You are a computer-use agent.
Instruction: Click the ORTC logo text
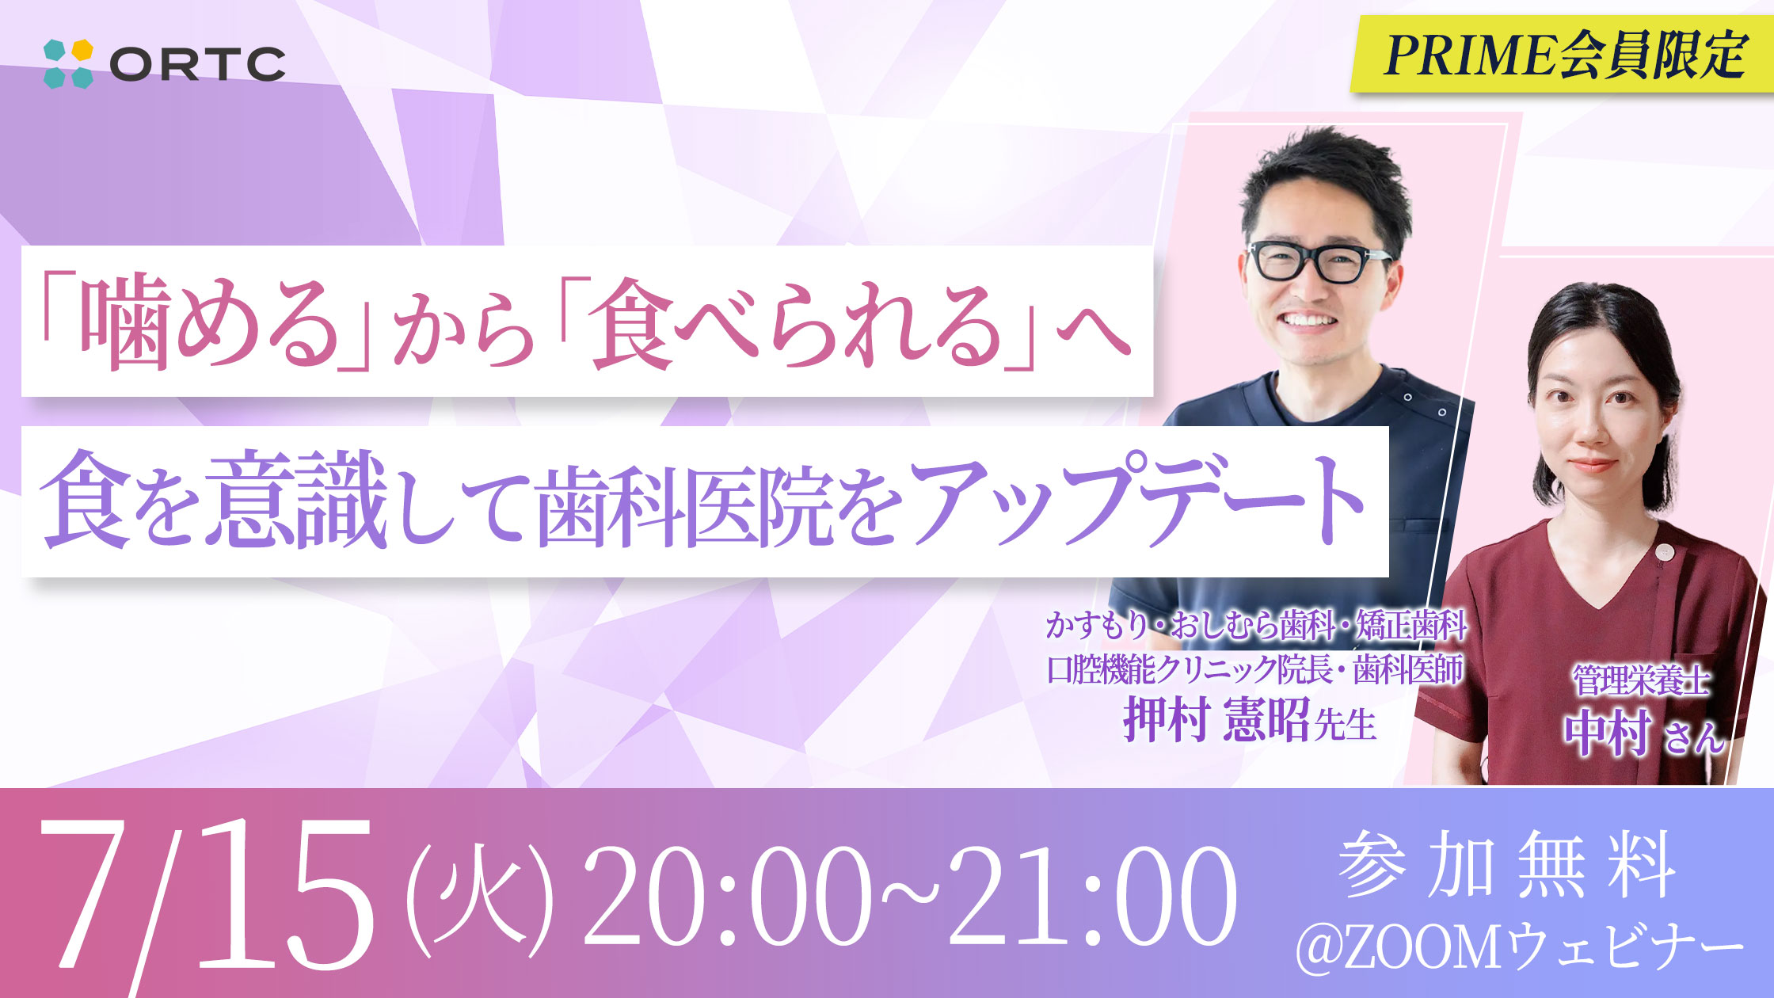(x=197, y=64)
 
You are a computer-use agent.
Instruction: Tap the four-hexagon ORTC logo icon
(x=68, y=63)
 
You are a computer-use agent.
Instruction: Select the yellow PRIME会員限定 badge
(x=1562, y=53)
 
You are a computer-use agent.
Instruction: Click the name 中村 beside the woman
(x=1607, y=733)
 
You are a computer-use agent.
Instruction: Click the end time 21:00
(x=1092, y=897)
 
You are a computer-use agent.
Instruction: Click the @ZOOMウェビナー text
(x=1520, y=947)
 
